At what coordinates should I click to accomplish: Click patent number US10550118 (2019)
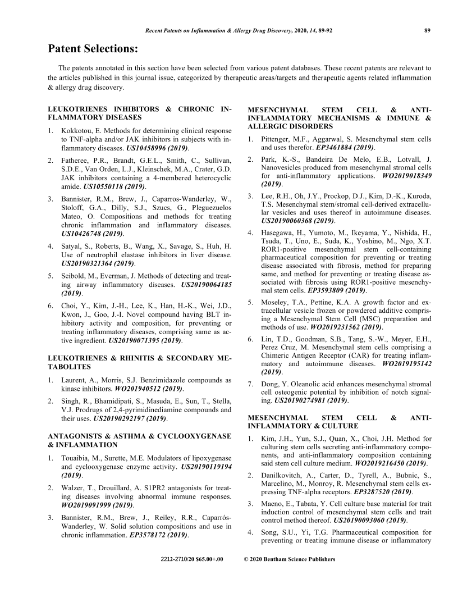(x=114, y=186)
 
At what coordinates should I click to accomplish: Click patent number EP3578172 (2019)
(x=158, y=535)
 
